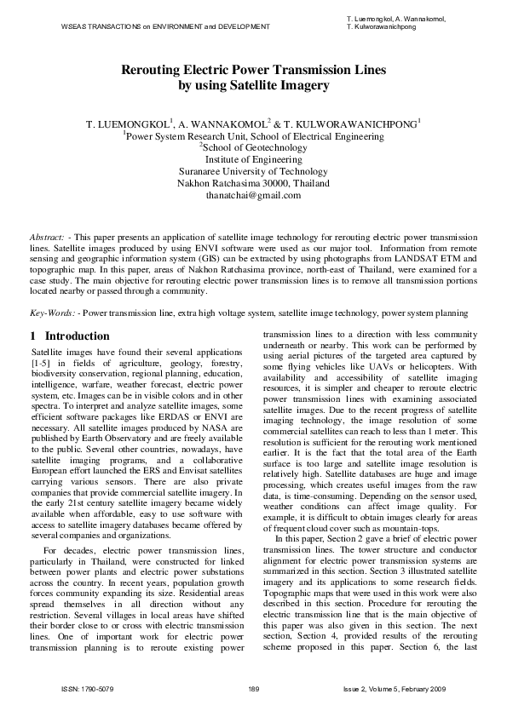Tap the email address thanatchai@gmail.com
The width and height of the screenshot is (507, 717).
coord(253,195)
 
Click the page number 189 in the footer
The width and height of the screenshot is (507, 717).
coord(253,688)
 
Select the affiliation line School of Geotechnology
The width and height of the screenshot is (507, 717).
coord(254,147)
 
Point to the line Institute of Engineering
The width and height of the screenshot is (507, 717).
coord(253,159)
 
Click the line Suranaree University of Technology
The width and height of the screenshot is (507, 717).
coord(253,171)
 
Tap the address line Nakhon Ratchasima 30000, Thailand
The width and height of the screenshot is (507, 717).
coord(253,183)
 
